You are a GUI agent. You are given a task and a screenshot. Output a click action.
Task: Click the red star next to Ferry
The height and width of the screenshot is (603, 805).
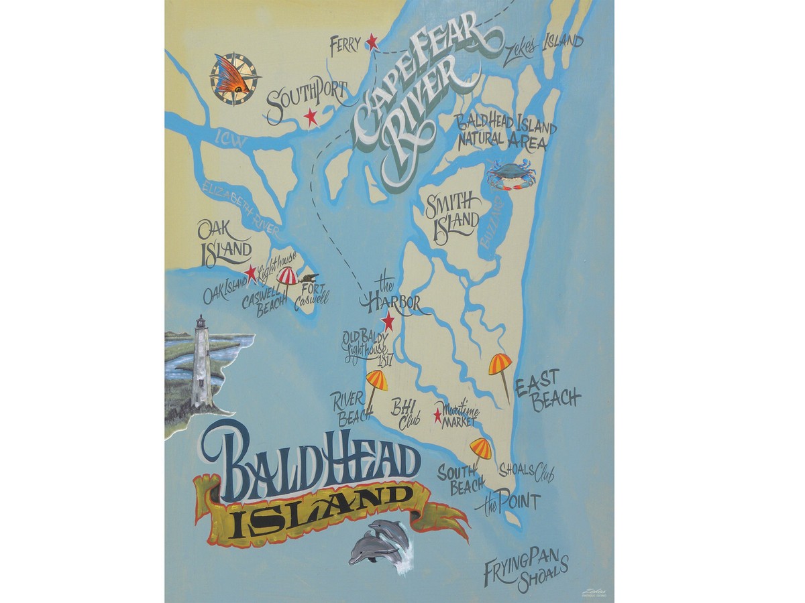tap(372, 44)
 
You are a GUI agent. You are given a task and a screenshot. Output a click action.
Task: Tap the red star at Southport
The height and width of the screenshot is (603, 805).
tap(310, 117)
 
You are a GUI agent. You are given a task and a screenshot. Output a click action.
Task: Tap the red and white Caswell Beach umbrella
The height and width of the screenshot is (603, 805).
tap(287, 276)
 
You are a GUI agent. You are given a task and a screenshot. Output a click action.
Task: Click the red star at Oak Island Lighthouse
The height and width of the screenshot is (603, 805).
tap(250, 273)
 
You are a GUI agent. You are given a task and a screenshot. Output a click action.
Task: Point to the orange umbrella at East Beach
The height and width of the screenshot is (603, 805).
tap(500, 365)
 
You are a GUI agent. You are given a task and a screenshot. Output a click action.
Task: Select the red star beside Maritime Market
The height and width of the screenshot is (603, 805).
tap(438, 416)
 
